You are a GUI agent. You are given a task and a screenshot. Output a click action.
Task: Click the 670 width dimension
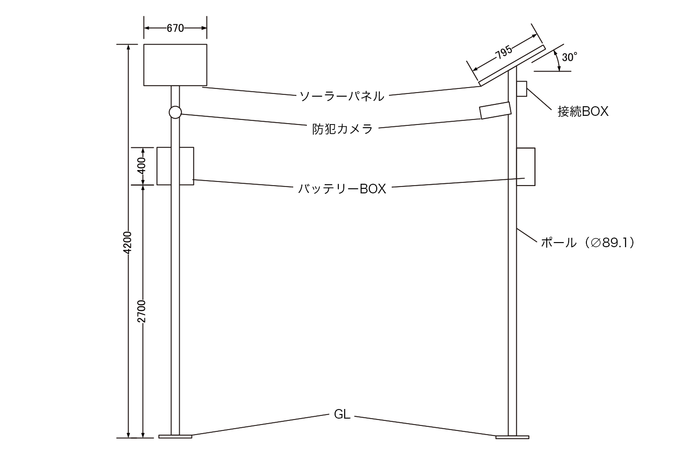tap(175, 28)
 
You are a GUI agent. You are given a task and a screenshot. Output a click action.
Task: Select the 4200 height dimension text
tap(128, 243)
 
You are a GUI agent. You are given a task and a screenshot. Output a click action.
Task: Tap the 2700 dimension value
tap(143, 311)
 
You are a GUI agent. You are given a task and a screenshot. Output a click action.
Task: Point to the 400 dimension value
tap(143, 166)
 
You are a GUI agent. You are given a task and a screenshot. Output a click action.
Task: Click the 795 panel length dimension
tap(503, 53)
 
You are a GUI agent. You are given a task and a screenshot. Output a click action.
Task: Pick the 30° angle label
tap(570, 57)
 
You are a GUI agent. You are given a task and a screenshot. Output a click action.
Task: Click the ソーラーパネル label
tap(342, 96)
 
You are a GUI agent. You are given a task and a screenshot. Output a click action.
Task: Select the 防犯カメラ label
tap(342, 129)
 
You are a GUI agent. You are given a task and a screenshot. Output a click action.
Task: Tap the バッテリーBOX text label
tap(342, 189)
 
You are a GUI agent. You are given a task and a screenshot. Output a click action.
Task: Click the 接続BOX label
tap(583, 112)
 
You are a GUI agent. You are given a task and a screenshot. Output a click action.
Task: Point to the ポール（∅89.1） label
tap(587, 243)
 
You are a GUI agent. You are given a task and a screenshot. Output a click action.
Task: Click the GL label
tap(342, 415)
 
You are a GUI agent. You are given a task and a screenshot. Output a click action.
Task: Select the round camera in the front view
tap(175, 112)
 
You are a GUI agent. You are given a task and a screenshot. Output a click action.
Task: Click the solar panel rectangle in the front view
tap(175, 65)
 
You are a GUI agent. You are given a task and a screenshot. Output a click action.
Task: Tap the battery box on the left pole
tap(175, 166)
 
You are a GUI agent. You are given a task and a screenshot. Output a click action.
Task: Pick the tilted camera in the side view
tap(495, 111)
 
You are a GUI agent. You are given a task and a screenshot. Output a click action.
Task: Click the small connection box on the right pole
tap(522, 88)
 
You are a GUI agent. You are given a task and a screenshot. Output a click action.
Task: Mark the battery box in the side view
tap(525, 166)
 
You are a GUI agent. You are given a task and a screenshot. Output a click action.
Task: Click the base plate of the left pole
tap(175, 436)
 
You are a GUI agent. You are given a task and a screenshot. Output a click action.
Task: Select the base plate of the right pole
tap(512, 437)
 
